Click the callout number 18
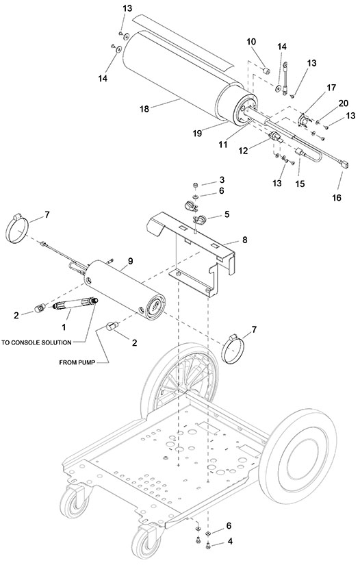pos(144,108)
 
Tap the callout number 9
pos(130,261)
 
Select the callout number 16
pos(337,197)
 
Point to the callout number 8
pos(245,240)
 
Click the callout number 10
pos(251,42)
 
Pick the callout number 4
pos(230,541)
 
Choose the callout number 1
pos(64,327)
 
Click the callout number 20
pos(344,103)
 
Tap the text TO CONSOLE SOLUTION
pos(36,342)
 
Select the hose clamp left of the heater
pos(17,228)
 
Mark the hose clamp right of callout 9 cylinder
pos(233,348)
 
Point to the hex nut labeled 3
pos(195,185)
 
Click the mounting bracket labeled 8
pos(193,252)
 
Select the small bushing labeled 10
pos(267,70)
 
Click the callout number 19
pos(197,134)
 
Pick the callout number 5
pos(227,214)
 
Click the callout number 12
pos(244,151)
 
